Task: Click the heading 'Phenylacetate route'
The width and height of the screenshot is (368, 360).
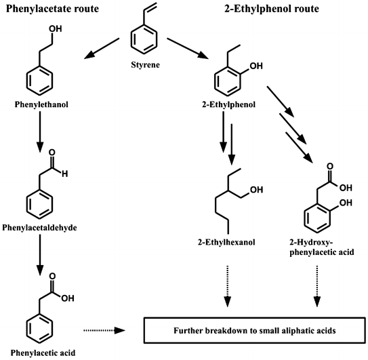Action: (x=51, y=9)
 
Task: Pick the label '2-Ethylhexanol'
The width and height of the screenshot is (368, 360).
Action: (x=237, y=241)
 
